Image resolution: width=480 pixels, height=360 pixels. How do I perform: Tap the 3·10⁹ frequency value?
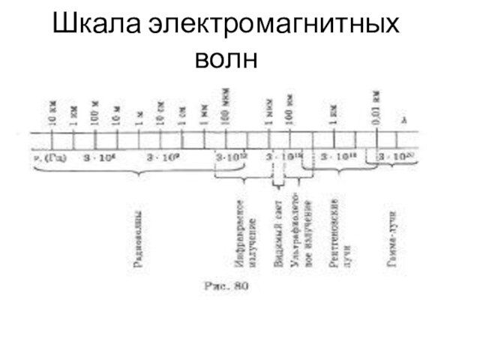click(x=161, y=157)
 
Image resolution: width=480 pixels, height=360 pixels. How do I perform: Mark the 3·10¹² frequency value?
click(x=229, y=157)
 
